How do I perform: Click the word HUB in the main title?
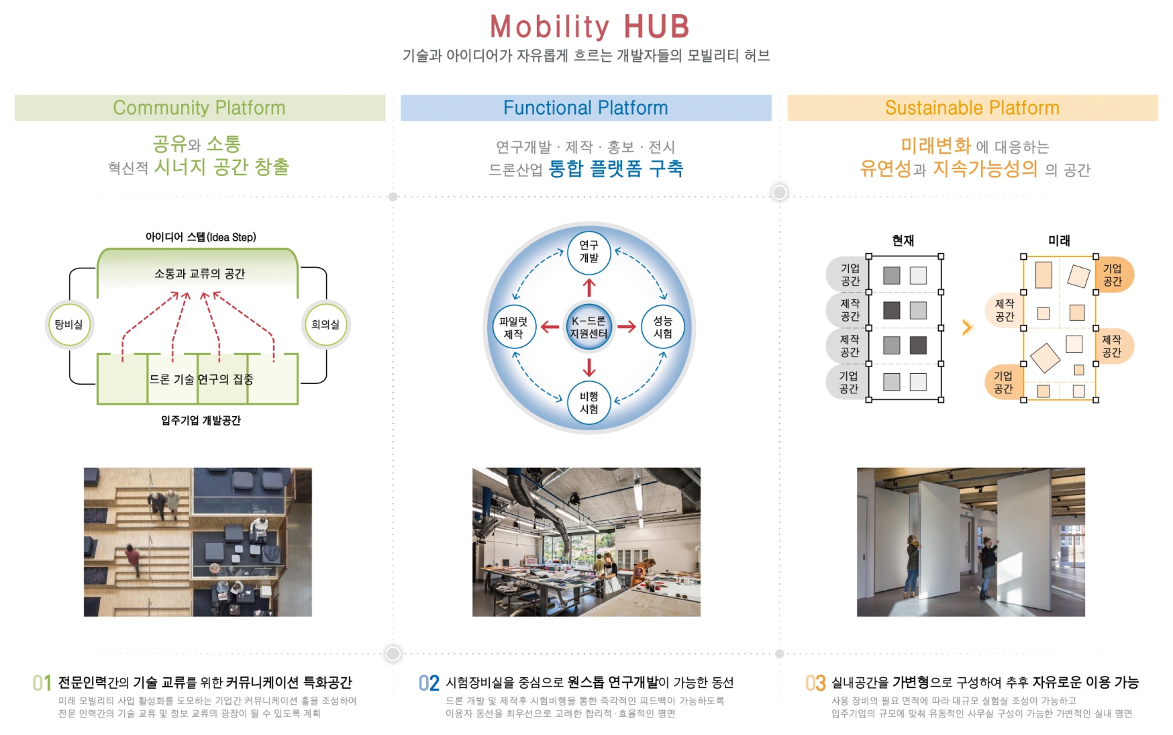(x=656, y=27)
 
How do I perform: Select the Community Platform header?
(x=200, y=107)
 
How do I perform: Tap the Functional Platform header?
(x=586, y=107)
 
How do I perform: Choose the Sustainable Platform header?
(x=972, y=107)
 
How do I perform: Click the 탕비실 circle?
(x=69, y=325)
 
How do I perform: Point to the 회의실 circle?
(x=325, y=325)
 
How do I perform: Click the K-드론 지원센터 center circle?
(x=589, y=328)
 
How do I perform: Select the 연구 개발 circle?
(x=589, y=252)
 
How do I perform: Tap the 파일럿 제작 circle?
(x=513, y=328)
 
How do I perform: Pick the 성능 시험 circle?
(x=663, y=328)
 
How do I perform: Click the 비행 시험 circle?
(x=589, y=403)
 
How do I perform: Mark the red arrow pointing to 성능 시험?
(x=627, y=327)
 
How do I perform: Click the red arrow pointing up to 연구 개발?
(x=589, y=287)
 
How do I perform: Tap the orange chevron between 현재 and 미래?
(x=967, y=328)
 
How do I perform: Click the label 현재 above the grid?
(x=903, y=240)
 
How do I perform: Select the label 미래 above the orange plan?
(x=1060, y=240)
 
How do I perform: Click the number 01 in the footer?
(x=42, y=683)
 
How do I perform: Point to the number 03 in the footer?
(x=815, y=683)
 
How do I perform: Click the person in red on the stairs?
(x=133, y=560)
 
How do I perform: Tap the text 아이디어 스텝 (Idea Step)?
(x=201, y=237)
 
